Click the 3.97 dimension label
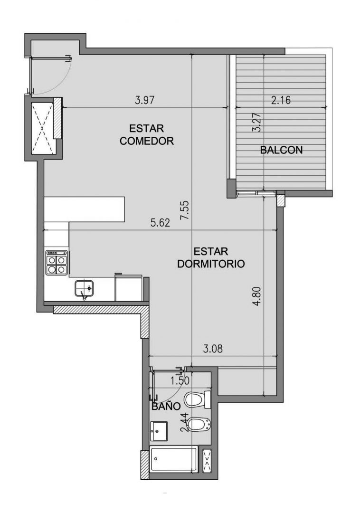pyautogui.click(x=144, y=100)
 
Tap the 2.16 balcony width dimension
pyautogui.click(x=281, y=100)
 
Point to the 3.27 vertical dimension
pyautogui.click(x=256, y=123)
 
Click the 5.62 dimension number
pyautogui.click(x=160, y=223)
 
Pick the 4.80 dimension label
pyautogui.click(x=256, y=296)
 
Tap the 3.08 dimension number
pyautogui.click(x=213, y=349)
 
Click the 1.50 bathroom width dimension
pyautogui.click(x=180, y=380)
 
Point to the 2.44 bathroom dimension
pyautogui.click(x=185, y=422)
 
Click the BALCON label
pyautogui.click(x=281, y=150)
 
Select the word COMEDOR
pyautogui.click(x=146, y=141)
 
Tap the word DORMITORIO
pyautogui.click(x=211, y=264)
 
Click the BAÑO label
pyautogui.click(x=166, y=406)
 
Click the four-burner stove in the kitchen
pyautogui.click(x=57, y=262)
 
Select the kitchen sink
pyautogui.click(x=85, y=289)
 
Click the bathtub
pyautogui.click(x=174, y=460)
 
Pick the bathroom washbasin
pyautogui.click(x=159, y=431)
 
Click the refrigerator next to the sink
pyautogui.click(x=129, y=287)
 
